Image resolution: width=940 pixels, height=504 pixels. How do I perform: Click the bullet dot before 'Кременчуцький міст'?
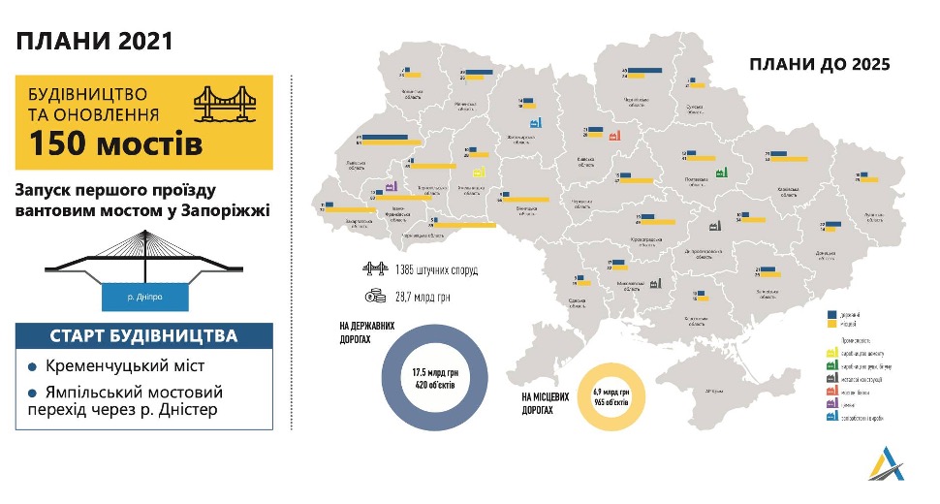(33, 367)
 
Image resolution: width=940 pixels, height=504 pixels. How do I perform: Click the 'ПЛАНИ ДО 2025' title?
(819, 64)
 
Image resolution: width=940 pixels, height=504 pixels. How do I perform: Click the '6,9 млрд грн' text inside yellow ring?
(611, 393)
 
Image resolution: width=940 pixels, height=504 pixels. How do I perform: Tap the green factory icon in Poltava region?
(721, 172)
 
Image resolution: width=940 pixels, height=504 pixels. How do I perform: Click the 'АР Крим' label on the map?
(716, 391)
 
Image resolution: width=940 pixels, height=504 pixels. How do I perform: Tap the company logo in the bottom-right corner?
(888, 465)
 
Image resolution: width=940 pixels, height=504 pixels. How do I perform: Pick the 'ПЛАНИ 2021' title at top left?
(94, 41)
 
